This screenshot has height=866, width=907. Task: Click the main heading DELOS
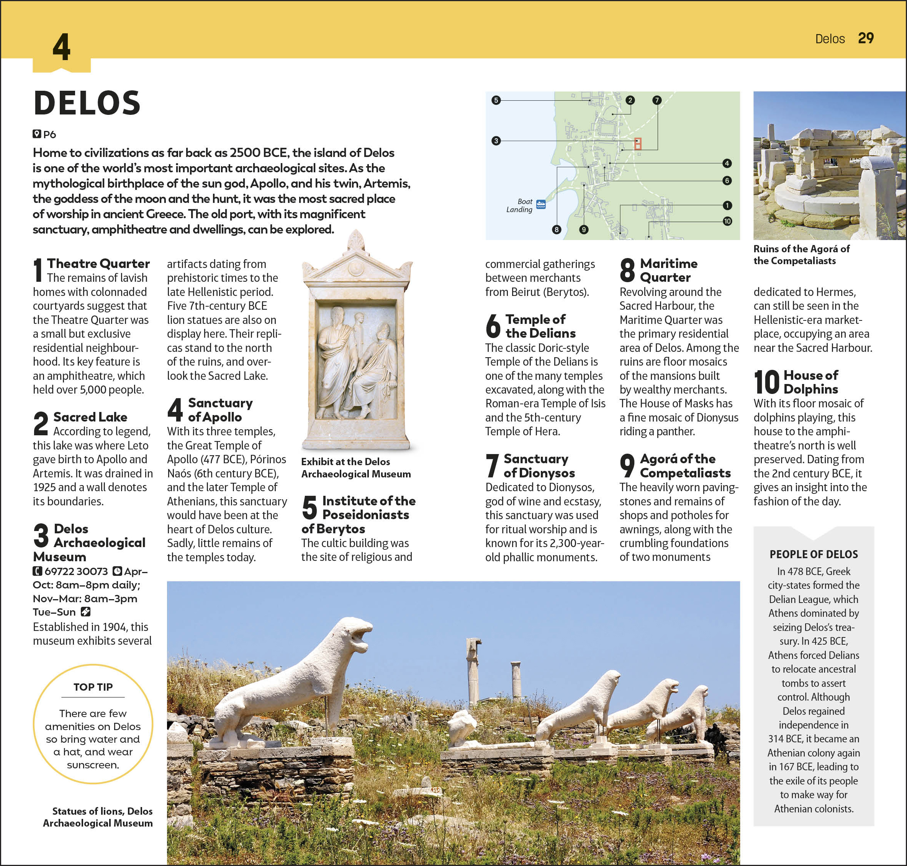[x=87, y=103]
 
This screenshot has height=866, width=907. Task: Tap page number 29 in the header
[x=865, y=38]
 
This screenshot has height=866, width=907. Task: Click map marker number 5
[x=496, y=100]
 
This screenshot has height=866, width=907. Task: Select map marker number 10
[x=727, y=221]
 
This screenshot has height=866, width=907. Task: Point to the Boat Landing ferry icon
[x=541, y=204]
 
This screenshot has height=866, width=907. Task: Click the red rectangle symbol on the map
[x=638, y=144]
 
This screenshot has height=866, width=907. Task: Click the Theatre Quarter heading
[x=98, y=263]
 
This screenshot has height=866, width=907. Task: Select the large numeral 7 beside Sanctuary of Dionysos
[x=492, y=466]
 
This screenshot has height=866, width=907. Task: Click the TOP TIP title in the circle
[x=93, y=687]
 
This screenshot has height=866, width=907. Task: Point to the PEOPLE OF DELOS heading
[x=814, y=554]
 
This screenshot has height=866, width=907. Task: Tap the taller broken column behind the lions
[x=473, y=665]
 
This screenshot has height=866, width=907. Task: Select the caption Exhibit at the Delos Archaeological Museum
[x=355, y=467]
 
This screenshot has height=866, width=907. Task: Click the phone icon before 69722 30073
[x=37, y=572]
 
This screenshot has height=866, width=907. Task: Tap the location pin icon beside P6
[x=36, y=134]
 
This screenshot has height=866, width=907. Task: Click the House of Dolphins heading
[x=810, y=382]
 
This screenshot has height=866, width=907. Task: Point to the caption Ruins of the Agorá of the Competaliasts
[x=801, y=255]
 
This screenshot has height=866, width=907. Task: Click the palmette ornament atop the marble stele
[x=356, y=240]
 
